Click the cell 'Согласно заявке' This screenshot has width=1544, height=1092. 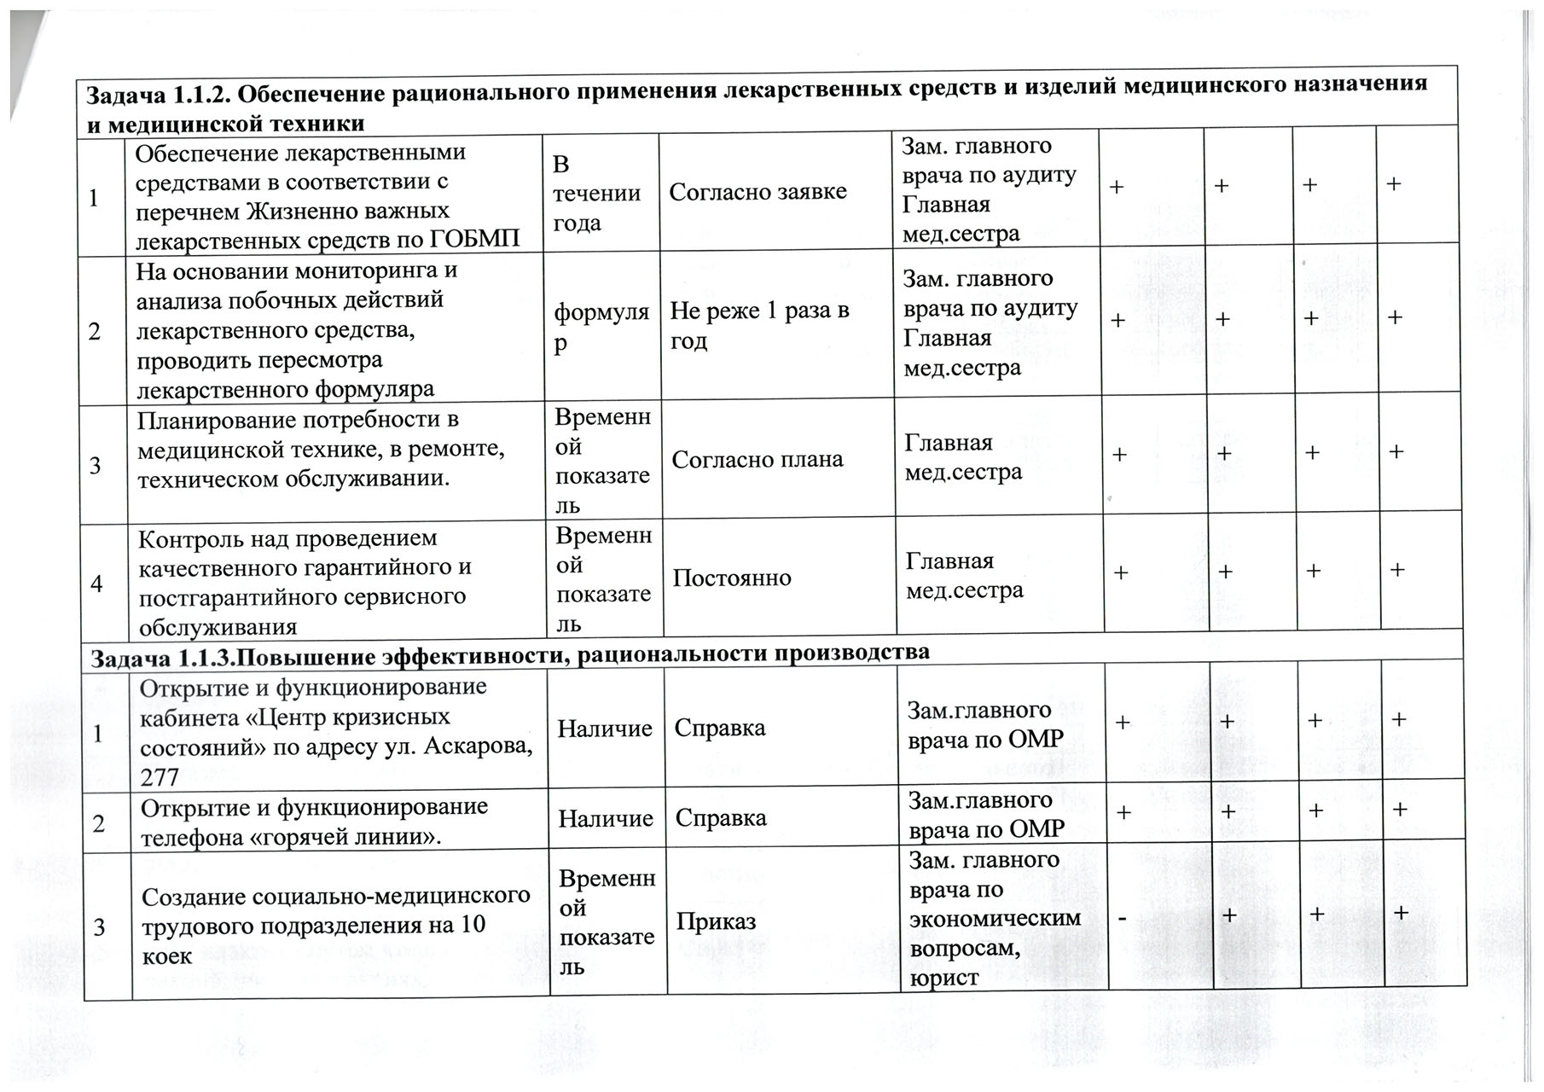click(x=757, y=191)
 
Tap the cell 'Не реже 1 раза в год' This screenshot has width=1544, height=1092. click(x=759, y=325)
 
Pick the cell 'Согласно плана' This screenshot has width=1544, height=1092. click(x=757, y=460)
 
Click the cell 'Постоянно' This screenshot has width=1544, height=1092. click(x=732, y=578)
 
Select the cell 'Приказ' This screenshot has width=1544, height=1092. click(x=716, y=921)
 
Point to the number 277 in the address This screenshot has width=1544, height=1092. click(x=160, y=776)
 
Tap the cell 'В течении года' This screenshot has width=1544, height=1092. click(x=596, y=194)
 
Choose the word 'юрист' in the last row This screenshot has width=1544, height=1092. click(x=943, y=977)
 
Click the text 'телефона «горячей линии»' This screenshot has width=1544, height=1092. click(x=291, y=836)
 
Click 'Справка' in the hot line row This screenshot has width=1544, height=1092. click(x=721, y=817)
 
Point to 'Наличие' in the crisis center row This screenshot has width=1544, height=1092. click(x=605, y=729)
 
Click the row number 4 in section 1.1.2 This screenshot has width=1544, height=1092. click(x=96, y=584)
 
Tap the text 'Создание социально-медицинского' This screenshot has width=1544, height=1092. click(x=335, y=897)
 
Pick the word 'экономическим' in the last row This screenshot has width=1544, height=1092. click(x=995, y=918)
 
